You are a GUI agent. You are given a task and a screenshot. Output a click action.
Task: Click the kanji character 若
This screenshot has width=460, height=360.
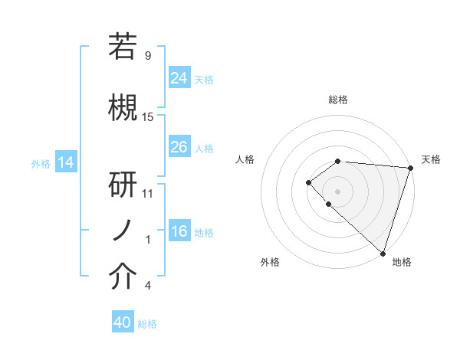tap(123, 47)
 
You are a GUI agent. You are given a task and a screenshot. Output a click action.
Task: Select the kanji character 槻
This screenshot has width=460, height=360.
tap(123, 106)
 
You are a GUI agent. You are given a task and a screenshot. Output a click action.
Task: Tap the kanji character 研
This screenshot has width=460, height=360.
tap(123, 185)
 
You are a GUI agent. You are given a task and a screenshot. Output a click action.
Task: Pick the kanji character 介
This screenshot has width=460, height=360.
tap(123, 277)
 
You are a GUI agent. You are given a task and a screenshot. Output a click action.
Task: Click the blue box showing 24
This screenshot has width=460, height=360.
tap(179, 77)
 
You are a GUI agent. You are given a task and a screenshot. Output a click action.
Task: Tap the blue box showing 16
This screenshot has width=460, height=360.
tap(179, 231)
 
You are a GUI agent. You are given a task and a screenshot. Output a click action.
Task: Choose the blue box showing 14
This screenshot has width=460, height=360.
tap(65, 162)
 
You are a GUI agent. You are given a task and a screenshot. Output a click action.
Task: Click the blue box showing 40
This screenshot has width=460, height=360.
tap(123, 322)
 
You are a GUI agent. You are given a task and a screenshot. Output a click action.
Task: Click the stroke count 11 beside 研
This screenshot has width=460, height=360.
tap(148, 193)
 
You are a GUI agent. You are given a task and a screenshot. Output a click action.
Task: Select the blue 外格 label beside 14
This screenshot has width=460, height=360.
tap(41, 163)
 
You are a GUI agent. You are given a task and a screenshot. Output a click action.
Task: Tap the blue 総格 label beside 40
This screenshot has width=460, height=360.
tap(147, 324)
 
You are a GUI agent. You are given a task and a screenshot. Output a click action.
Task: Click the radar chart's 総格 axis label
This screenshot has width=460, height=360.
tap(338, 100)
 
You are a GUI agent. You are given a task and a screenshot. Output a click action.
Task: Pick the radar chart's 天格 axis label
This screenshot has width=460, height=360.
tap(431, 159)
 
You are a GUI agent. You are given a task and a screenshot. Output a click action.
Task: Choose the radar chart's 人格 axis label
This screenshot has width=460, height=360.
tap(245, 159)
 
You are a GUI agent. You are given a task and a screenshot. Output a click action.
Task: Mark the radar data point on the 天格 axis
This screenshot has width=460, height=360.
tap(410, 167)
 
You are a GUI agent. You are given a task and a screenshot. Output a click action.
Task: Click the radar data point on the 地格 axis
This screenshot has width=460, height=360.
tap(383, 253)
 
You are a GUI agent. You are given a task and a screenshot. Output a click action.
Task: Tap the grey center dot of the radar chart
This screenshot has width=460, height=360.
tap(338, 191)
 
